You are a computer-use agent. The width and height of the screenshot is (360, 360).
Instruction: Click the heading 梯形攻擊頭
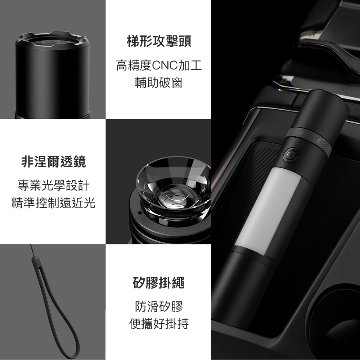click(x=159, y=42)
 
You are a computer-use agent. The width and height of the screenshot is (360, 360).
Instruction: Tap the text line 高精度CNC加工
click(x=159, y=65)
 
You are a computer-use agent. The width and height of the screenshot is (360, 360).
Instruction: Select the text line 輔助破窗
click(x=159, y=83)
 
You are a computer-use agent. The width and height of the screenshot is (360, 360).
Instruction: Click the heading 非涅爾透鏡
click(x=53, y=161)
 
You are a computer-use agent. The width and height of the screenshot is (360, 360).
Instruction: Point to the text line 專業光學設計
click(x=53, y=186)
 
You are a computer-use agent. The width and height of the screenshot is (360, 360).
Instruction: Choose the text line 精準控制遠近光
click(x=53, y=203)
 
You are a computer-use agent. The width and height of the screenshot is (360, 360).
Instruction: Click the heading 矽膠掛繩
click(x=159, y=283)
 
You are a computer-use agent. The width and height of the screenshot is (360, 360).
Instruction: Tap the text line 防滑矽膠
click(x=159, y=306)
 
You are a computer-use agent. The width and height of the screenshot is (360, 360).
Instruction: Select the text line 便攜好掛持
click(x=159, y=324)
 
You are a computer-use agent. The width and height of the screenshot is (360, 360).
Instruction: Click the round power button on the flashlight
click(x=292, y=155)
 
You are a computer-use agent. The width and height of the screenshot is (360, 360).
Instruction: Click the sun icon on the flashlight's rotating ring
click(x=301, y=133)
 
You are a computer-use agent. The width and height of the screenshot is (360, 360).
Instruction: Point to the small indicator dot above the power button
click(x=297, y=143)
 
